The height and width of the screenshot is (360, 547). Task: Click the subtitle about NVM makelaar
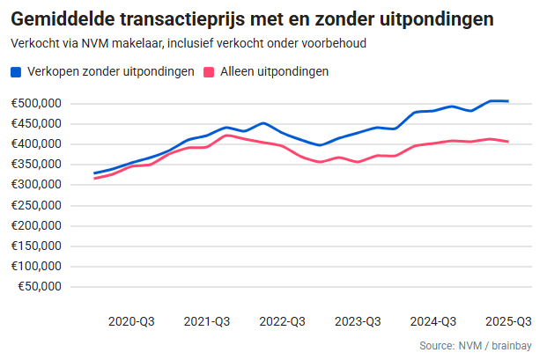point(188,42)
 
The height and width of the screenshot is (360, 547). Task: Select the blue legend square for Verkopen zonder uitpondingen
point(17,72)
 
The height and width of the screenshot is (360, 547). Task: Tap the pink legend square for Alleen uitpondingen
point(210,72)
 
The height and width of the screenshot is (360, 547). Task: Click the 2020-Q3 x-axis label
point(131,321)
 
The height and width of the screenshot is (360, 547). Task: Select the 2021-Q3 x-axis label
point(207,321)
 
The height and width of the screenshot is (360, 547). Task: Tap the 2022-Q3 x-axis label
point(283,321)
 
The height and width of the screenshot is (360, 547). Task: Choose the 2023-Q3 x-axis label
point(358,321)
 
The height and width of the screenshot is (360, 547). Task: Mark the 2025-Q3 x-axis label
point(508,321)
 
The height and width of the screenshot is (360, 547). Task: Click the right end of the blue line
point(508,101)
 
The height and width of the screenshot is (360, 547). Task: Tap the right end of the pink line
point(508,142)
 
